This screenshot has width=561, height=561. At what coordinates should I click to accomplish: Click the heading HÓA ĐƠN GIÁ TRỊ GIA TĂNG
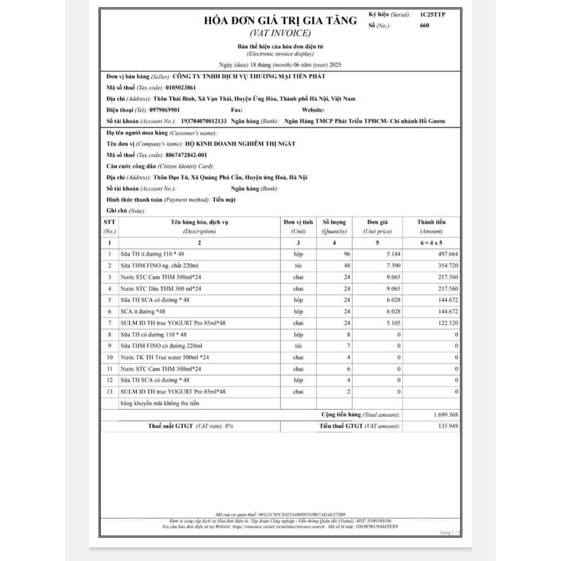[x=280, y=21]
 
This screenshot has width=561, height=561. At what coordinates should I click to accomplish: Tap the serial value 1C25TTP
[x=433, y=14]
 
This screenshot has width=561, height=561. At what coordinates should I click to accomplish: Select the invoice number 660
[x=425, y=25]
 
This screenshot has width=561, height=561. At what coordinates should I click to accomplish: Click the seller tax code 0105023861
[x=180, y=88]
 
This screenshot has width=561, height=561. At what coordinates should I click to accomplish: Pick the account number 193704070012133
[x=202, y=121]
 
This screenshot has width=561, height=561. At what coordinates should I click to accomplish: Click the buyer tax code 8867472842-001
[x=186, y=155]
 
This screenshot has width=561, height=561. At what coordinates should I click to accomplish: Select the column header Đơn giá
[x=377, y=222]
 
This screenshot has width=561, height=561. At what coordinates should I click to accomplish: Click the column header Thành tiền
[x=431, y=222]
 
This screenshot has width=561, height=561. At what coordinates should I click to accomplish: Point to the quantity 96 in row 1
[x=346, y=254]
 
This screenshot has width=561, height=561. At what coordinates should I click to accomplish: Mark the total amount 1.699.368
[x=445, y=415]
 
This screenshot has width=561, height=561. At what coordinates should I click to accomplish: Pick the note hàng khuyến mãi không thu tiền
[x=160, y=404]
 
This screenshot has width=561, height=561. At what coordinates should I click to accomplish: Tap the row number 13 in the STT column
[x=110, y=392]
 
